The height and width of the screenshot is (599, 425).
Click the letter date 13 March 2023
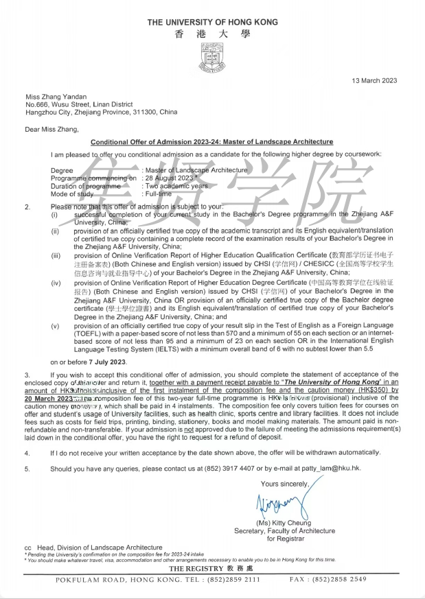(374, 81)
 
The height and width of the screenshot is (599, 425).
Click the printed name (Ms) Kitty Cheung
(283, 524)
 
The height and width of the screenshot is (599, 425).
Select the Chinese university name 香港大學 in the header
(212, 34)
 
